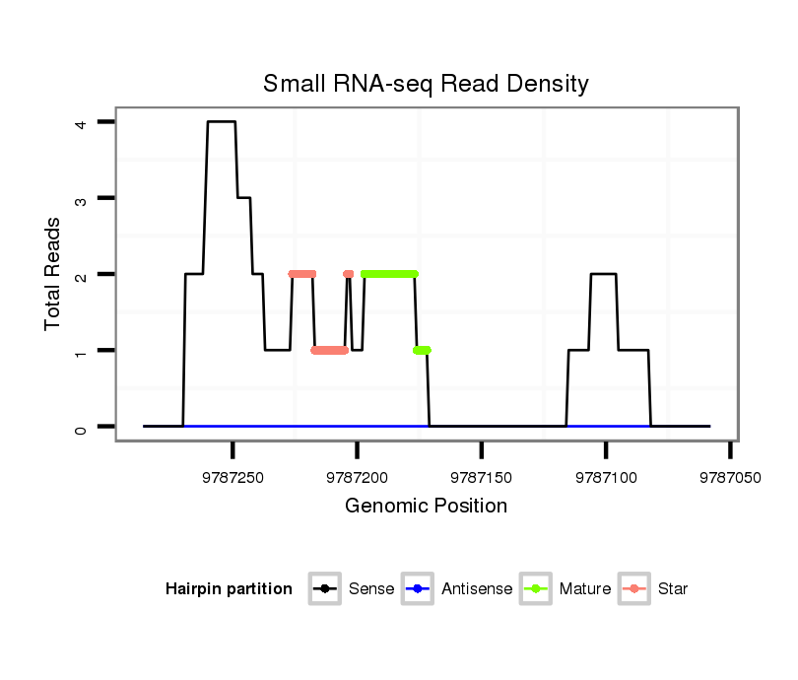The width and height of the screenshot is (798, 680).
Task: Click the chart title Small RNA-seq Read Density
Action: (426, 84)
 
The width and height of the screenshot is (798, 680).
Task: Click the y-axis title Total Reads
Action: (55, 274)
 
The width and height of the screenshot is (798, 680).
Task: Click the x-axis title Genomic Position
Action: (426, 507)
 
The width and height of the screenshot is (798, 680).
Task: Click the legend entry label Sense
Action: (371, 589)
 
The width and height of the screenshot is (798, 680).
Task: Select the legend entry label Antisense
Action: (477, 589)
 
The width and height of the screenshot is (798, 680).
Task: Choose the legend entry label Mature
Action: (585, 589)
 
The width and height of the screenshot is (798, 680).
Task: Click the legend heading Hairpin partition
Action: (229, 589)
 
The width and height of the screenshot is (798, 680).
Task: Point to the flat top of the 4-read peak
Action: (222, 122)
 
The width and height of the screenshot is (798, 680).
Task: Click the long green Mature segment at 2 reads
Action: (389, 274)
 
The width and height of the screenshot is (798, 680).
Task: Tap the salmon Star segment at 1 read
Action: (330, 350)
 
